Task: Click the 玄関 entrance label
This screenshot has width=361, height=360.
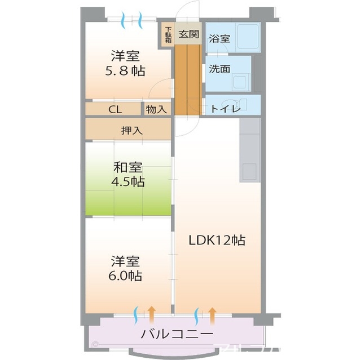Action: coord(188,34)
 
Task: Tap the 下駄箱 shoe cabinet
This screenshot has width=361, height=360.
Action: coord(168,35)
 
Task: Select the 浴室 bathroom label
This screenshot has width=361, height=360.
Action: coord(219,39)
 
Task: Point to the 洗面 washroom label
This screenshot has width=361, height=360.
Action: coord(219,69)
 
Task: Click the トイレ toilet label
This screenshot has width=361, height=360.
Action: coord(226,109)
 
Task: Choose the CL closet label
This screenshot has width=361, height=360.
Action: coord(115,109)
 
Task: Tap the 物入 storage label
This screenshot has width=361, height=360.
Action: coord(156,109)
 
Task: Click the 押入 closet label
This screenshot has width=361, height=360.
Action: coord(131,130)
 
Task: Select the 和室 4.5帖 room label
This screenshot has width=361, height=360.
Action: coord(128,175)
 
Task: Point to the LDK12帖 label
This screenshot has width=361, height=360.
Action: coord(217,241)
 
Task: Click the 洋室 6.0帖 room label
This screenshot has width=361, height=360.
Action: coord(125,269)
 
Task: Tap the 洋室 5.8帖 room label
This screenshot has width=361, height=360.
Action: coord(125,64)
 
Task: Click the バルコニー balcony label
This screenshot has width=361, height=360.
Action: coord(177,334)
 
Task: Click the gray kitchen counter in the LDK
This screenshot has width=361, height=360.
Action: coord(249,150)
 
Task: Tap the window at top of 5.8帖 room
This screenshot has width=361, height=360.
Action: coord(132,21)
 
